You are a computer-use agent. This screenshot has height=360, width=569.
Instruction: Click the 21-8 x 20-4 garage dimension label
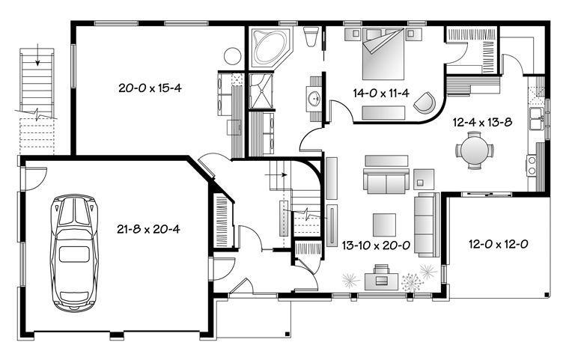pyautogui.click(x=148, y=229)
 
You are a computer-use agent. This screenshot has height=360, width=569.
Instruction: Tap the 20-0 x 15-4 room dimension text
pyautogui.click(x=150, y=88)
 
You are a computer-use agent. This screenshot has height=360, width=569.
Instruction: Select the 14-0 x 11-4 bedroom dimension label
pyautogui.click(x=381, y=94)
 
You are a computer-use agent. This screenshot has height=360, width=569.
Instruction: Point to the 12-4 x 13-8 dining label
pyautogui.click(x=482, y=122)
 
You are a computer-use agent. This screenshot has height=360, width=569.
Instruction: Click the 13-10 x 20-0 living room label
pyautogui.click(x=376, y=245)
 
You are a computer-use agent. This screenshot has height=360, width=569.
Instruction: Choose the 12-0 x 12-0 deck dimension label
pyautogui.click(x=498, y=244)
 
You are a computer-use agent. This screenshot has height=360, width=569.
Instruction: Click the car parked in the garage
pyautogui.click(x=74, y=253)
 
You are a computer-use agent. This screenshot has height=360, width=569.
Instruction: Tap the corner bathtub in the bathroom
pyautogui.click(x=273, y=48)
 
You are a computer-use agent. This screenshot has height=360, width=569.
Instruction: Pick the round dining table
pyautogui.click(x=475, y=150)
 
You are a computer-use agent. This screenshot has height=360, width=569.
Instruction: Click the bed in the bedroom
pyautogui.click(x=383, y=54)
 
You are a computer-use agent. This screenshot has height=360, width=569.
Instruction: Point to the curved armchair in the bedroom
pyautogui.click(x=425, y=102)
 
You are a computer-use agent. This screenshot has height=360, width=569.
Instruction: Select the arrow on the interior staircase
pyautogui.click(x=276, y=174)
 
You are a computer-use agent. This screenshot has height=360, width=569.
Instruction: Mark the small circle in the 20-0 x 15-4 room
pyautogui.click(x=232, y=56)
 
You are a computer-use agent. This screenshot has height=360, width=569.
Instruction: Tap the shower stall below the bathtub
pyautogui.click(x=261, y=91)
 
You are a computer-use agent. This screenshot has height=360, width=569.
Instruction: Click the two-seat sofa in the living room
pyautogui.click(x=386, y=180)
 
